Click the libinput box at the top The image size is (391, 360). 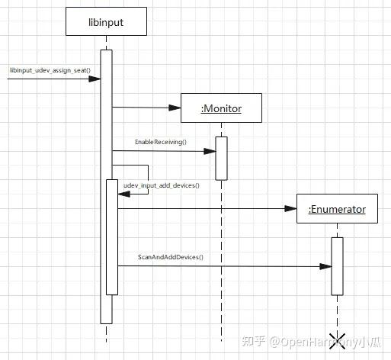pos(106,23)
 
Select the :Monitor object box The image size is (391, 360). pos(221,108)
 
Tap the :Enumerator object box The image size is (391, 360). pos(336,208)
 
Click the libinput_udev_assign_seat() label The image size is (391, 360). pos(50,70)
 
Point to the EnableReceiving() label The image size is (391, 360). pos(160,143)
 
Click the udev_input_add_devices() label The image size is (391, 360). pos(162,185)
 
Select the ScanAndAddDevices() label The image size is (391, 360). pos(171,257)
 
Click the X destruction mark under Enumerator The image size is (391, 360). pos(337,339)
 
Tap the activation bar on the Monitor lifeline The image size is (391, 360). pos(221,158)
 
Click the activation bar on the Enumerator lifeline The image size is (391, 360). pos(337,265)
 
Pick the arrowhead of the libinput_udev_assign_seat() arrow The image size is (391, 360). pos(96,79)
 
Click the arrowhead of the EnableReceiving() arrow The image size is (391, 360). pos(211,151)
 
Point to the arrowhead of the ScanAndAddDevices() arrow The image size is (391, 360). pos(327,266)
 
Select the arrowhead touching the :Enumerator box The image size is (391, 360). pos(292,207)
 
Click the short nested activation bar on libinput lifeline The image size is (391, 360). pos(112,236)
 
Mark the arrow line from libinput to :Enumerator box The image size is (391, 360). pos(206,207)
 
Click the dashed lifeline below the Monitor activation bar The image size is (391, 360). pos(221,259)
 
